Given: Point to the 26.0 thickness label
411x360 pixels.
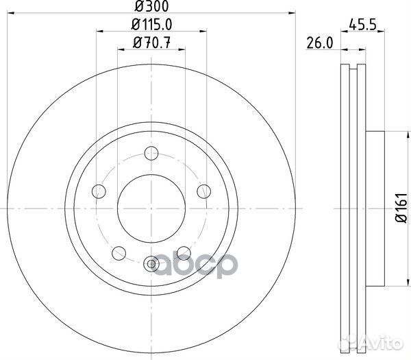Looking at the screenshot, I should tap(319, 43).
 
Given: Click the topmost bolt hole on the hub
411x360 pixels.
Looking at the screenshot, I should tap(151, 155).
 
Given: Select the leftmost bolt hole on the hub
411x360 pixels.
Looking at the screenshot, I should tap(99, 190).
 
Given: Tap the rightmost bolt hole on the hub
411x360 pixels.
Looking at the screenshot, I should tap(203, 190).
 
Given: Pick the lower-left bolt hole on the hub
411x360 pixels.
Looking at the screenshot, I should tap(119, 252).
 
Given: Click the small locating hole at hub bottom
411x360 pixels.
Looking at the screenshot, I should tap(151, 261).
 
